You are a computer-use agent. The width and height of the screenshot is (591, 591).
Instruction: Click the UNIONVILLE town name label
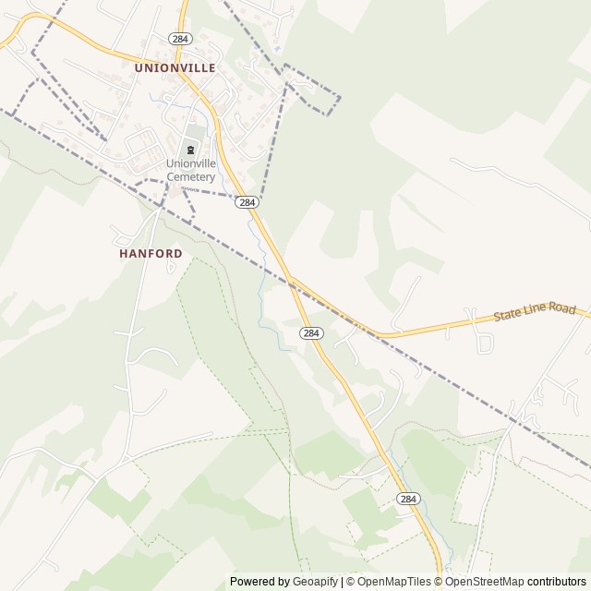[x=175, y=67]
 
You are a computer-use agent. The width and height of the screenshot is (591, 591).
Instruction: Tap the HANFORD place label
[x=151, y=252]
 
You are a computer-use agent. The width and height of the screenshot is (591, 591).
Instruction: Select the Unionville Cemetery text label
[x=191, y=170]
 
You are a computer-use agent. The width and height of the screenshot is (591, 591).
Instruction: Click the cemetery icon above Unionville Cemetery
[x=191, y=150]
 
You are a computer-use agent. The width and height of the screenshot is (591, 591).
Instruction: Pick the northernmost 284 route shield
[x=179, y=37]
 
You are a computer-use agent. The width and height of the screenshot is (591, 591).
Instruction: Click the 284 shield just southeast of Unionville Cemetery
[x=246, y=201]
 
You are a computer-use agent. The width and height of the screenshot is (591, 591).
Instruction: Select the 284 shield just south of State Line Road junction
[x=311, y=332]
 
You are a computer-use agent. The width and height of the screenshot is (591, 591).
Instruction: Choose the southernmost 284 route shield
[x=408, y=498]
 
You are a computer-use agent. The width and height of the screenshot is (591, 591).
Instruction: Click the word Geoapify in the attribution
[x=316, y=582]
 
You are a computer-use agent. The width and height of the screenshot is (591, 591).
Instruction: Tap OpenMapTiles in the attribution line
[x=395, y=582]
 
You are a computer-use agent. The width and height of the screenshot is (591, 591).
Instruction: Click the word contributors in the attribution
[x=557, y=582]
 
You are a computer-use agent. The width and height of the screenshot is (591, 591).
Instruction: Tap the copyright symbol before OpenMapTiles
[x=352, y=582]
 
